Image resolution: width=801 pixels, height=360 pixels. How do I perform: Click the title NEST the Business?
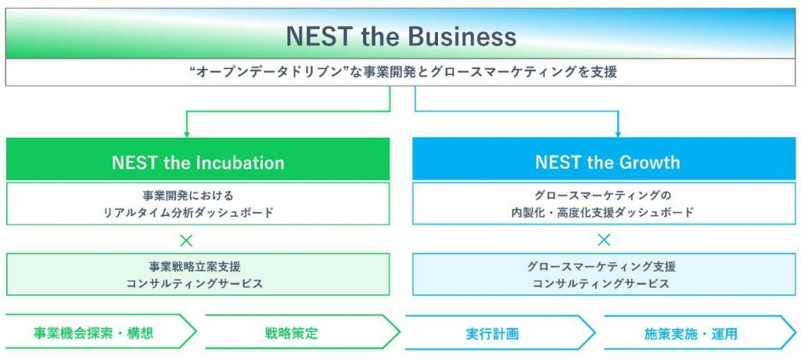(400, 37)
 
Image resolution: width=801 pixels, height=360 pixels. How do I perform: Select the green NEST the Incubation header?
(197, 163)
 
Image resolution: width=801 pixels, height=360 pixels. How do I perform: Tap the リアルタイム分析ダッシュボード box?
(197, 203)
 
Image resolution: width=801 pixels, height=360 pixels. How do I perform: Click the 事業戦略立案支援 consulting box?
(197, 275)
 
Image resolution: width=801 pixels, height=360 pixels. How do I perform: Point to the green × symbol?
(186, 240)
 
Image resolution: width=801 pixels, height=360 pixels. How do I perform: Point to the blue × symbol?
(604, 240)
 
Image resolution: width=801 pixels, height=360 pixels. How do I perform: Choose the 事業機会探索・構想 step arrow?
(94, 333)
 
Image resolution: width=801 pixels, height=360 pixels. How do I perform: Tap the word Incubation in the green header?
(240, 163)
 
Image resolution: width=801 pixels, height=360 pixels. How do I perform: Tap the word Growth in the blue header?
(648, 163)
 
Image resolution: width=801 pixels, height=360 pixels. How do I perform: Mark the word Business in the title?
(461, 37)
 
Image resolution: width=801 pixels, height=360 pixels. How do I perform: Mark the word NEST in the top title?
(314, 37)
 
